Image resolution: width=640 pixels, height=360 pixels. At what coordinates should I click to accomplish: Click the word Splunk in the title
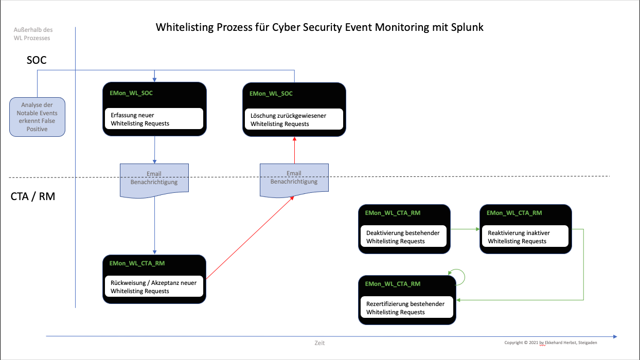(466, 27)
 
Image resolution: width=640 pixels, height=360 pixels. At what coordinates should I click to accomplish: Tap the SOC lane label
(37, 60)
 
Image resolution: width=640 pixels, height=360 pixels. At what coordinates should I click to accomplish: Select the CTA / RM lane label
(32, 196)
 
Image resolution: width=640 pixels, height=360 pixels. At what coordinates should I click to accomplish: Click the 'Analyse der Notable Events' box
(38, 117)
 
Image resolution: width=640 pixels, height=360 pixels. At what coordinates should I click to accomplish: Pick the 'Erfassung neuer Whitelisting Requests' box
(154, 119)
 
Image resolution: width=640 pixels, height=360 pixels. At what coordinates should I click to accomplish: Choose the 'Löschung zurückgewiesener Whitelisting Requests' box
(294, 119)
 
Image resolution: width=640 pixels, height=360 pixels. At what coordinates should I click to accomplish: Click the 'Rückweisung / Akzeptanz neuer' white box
(154, 287)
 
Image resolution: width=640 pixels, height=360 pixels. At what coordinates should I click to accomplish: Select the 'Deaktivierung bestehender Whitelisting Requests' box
(404, 237)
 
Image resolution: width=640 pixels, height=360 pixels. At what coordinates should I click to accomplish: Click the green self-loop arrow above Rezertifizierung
(457, 277)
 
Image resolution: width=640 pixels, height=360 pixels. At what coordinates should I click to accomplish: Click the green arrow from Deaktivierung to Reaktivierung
(465, 230)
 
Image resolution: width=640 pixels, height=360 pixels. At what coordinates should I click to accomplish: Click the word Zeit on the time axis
(319, 343)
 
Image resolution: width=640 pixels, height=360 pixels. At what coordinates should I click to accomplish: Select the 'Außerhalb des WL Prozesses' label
(33, 34)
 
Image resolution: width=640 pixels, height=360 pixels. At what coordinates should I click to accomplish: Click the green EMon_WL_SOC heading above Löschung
(271, 94)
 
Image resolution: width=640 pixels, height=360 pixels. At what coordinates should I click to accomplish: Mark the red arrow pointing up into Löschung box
(294, 150)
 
